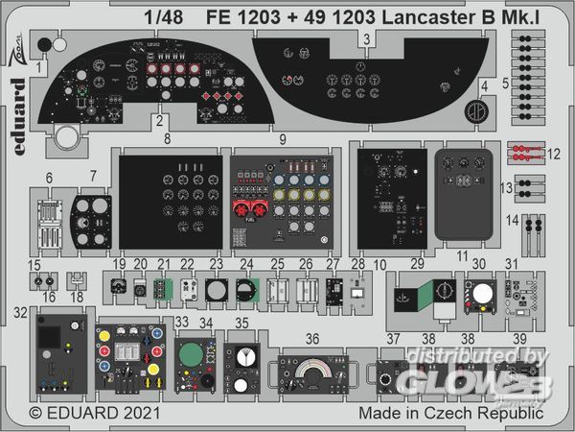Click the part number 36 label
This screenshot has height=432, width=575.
[x=312, y=338]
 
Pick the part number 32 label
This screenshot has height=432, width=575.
[x=21, y=311]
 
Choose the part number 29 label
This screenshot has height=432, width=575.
[x=418, y=263]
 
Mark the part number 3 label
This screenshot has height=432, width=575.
[x=367, y=38]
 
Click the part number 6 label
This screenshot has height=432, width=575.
[x=48, y=179]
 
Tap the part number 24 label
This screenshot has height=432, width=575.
[x=246, y=264]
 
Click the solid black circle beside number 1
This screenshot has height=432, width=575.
[x=43, y=43]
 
